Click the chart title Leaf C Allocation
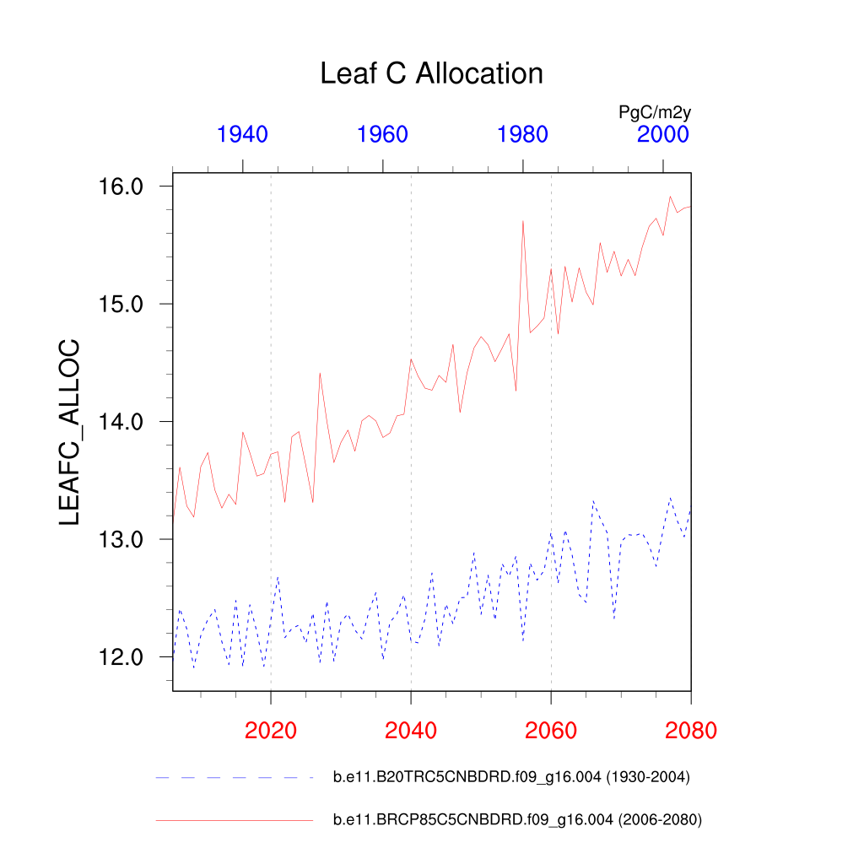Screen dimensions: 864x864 (431, 73)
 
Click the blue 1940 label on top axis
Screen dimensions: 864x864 (243, 134)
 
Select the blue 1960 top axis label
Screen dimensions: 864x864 (383, 134)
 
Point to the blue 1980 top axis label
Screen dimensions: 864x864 (523, 134)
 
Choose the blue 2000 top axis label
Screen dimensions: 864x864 (663, 134)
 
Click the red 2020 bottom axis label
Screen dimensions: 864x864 (271, 730)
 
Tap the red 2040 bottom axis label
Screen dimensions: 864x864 (411, 730)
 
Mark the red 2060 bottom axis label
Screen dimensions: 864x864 (551, 730)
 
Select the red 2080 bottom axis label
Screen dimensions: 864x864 (690, 730)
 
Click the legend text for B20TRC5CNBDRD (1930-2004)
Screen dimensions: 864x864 (512, 777)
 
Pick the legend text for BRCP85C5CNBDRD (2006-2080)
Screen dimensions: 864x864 (518, 819)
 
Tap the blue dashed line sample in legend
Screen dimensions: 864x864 (234, 777)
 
